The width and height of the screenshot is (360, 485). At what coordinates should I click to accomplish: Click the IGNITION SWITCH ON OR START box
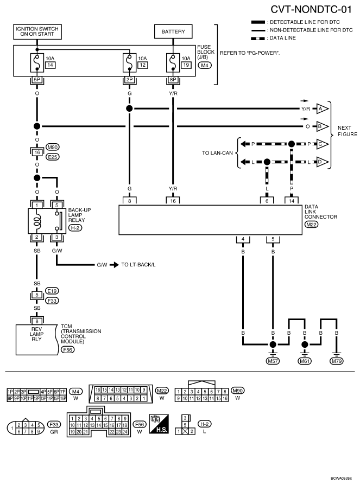37,32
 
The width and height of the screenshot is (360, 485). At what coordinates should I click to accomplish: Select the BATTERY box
173,31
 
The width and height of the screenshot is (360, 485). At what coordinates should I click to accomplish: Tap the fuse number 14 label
50,65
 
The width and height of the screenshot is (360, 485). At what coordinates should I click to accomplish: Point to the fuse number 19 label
186,65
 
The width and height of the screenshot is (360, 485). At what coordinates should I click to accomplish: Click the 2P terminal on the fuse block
129,80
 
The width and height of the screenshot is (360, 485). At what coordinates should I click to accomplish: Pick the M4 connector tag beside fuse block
205,65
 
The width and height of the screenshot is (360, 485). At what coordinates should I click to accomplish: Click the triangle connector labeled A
322,109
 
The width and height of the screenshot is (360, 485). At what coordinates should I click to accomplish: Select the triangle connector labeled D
322,162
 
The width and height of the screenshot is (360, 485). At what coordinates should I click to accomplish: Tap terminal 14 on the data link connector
291,201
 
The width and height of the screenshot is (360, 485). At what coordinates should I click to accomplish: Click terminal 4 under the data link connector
243,239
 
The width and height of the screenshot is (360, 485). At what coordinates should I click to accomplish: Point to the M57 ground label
273,361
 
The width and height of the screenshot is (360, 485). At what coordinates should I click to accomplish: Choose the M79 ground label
337,361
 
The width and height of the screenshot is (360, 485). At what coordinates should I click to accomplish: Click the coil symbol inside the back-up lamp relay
37,221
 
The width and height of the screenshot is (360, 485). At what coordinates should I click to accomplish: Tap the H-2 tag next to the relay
75,228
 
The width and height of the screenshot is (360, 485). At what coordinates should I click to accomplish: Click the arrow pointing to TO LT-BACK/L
114,265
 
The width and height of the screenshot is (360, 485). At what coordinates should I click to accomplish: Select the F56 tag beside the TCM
67,350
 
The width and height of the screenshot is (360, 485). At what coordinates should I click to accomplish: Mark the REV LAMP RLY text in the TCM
36,334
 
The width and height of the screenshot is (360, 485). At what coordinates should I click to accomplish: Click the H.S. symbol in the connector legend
159,424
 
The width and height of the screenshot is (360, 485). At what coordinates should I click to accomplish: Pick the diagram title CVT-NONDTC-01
311,9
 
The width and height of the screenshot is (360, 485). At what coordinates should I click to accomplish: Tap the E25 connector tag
53,157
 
